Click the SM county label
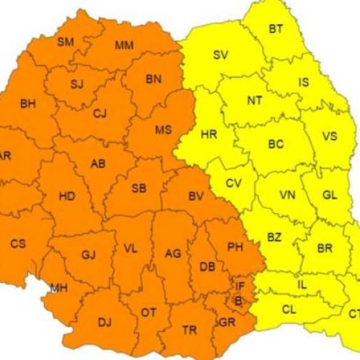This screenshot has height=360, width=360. point(66,42)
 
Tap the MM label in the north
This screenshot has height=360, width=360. point(124,46)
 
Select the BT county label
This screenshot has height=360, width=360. point(276,30)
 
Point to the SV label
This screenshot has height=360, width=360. point(221,55)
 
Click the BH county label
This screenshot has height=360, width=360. point(28,104)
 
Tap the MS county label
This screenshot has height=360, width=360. point(163,130)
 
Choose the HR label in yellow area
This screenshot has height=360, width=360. point(209,135)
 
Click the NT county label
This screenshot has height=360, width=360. point(254,101)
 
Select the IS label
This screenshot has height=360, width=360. point(304,83)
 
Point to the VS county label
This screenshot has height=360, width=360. point(329,137)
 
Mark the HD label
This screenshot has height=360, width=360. point(67,196)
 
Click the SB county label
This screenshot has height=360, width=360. point(139,189)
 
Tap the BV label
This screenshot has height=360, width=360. point(197,196)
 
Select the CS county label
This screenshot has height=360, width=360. point(18,244)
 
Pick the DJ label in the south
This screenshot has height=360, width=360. point(104,322)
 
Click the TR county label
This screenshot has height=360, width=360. point(189,330)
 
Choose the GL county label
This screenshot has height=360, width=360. point(330,195)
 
